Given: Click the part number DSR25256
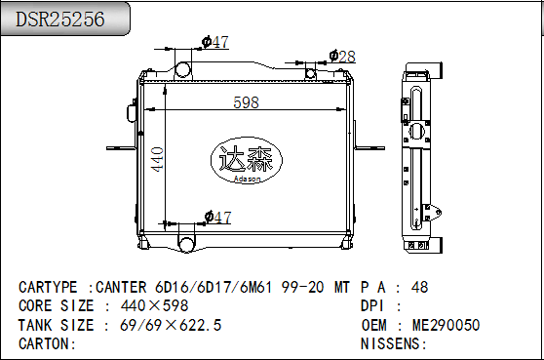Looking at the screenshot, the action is (x=60, y=20).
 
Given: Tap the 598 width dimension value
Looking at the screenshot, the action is (x=246, y=102).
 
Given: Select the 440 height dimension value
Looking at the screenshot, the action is (x=157, y=159).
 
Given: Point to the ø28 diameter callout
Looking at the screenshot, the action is (x=342, y=57).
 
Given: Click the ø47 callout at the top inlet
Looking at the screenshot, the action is (x=215, y=42).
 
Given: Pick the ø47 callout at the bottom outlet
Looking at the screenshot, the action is (x=217, y=218).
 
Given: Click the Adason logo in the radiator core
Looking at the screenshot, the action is (x=247, y=160).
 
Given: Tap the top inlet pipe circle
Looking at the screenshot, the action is (x=183, y=68).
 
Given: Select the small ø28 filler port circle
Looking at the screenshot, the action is (x=310, y=73).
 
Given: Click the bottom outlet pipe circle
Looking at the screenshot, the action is (x=186, y=244).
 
